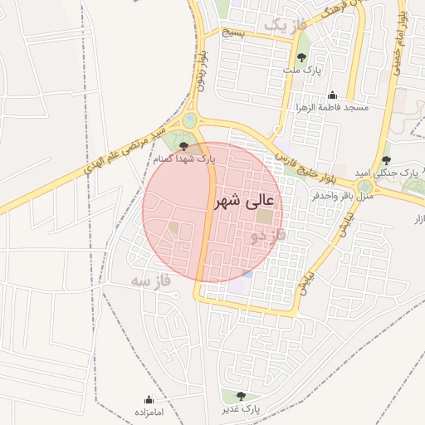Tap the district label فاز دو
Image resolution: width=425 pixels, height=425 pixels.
click(x=268, y=237)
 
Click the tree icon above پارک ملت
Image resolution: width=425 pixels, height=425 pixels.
click(x=301, y=57)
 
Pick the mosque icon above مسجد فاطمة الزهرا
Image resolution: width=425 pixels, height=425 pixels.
click(x=333, y=95)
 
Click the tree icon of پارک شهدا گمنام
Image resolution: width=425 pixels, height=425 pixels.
click(x=183, y=146)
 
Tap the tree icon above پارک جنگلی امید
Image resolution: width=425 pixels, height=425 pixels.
click(x=386, y=159)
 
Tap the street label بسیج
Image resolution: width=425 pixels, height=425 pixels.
click(x=233, y=32)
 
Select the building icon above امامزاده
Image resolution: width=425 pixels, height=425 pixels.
click(x=149, y=400)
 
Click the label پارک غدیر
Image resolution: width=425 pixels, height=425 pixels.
click(x=241, y=410)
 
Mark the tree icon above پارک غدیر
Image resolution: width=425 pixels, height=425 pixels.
click(x=241, y=397)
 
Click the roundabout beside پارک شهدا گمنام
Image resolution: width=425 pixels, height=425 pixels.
click(x=190, y=121)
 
